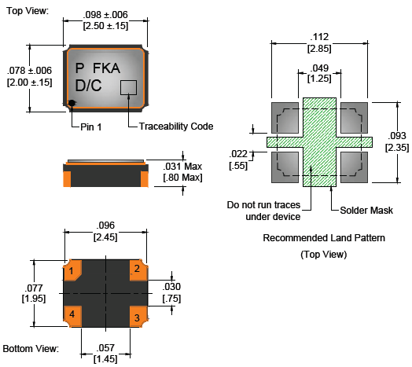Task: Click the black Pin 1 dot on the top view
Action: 72,103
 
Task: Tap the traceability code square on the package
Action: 128,87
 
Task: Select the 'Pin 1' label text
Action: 91,127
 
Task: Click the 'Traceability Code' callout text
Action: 176,127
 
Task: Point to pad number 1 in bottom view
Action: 72,270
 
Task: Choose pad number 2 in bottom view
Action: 138,270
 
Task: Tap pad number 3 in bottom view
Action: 138,317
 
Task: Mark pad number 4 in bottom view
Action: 72,317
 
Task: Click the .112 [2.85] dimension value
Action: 319,42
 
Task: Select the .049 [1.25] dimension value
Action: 319,73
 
